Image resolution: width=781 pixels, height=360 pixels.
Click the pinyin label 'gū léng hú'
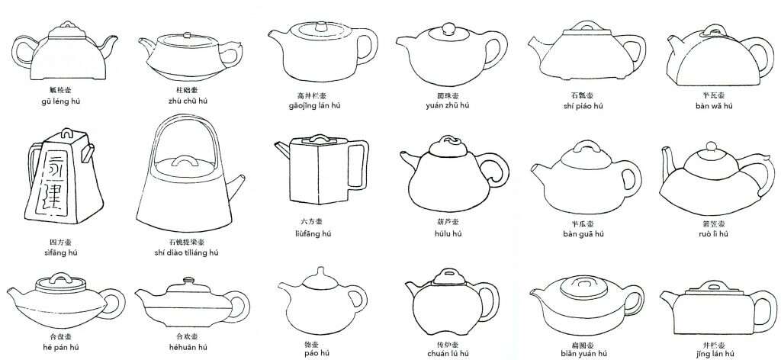point(63,100)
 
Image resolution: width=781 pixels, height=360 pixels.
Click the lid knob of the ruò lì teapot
point(709,146)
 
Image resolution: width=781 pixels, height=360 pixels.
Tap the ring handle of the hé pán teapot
point(113,297)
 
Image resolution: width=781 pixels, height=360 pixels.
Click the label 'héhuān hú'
point(186,347)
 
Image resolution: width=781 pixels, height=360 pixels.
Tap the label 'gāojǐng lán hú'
point(318,105)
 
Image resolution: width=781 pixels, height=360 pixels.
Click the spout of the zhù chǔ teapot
point(146,47)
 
